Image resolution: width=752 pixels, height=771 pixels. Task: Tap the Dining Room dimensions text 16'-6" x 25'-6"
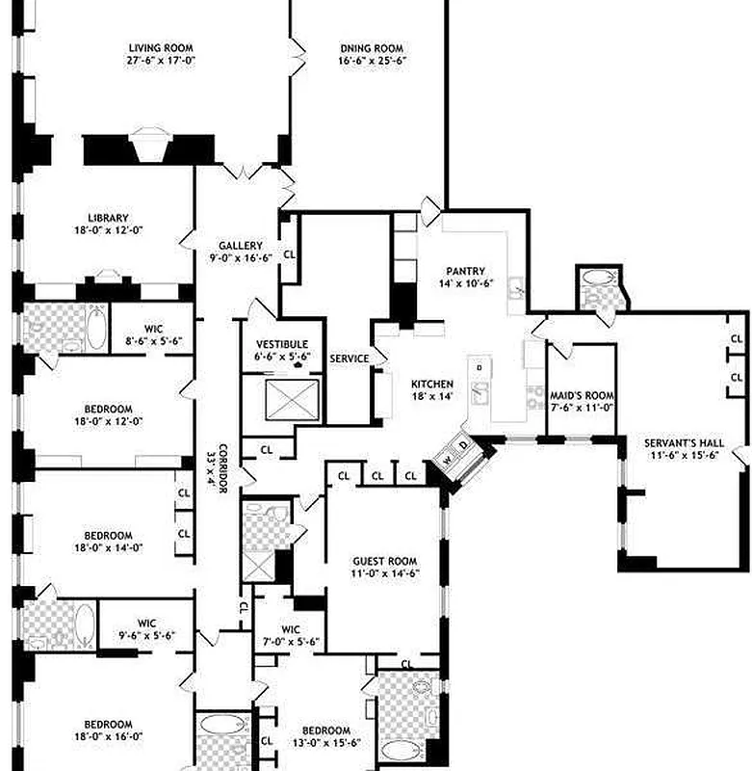click(371, 61)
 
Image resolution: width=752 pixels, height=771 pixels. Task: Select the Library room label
click(108, 218)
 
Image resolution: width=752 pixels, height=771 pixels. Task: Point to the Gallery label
click(240, 246)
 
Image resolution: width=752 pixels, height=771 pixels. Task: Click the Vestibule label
click(282, 344)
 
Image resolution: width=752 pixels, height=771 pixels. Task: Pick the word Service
click(349, 359)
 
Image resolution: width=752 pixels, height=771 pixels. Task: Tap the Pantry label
click(465, 272)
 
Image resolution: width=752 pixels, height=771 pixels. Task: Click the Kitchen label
click(432, 383)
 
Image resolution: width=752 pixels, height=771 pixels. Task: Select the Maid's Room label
click(582, 395)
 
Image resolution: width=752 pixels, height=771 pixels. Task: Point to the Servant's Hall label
click(682, 443)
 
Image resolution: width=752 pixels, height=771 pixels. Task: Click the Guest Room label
click(384, 561)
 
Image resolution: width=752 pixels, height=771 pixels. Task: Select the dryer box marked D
click(462, 445)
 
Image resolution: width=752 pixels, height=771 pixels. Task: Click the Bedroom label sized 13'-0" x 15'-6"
click(326, 731)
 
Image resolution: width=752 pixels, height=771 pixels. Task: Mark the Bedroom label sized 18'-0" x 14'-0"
click(108, 536)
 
